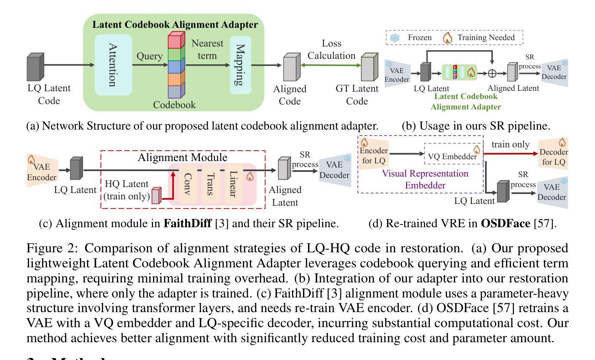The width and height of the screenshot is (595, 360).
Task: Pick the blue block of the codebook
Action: click(x=173, y=67)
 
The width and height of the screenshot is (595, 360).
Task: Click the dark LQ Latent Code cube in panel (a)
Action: click(x=36, y=68)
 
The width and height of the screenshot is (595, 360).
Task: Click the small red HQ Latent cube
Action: click(x=157, y=195)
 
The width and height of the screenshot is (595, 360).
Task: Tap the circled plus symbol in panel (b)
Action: click(x=492, y=73)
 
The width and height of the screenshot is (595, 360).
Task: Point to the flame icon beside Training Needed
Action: click(x=448, y=37)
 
